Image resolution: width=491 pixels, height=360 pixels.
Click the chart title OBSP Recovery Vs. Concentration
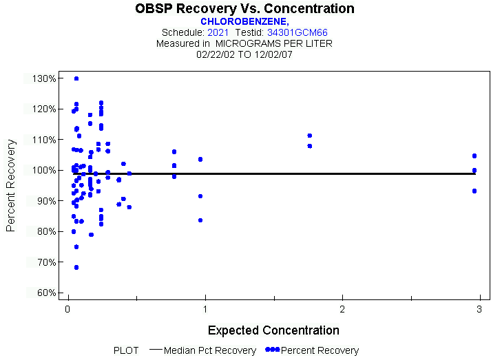[x=244, y=9]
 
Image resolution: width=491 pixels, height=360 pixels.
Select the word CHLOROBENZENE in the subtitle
[x=243, y=21]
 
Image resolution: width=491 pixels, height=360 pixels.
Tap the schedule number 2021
[x=218, y=32]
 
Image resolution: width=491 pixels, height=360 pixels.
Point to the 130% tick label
[x=44, y=78]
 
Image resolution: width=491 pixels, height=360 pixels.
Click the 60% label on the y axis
[x=44, y=293]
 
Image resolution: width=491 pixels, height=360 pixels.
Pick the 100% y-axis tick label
[x=44, y=170]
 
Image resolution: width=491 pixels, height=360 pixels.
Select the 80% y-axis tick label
[x=44, y=231]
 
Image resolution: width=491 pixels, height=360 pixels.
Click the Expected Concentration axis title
[x=273, y=330]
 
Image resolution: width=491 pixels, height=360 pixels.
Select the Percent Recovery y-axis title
[x=12, y=185]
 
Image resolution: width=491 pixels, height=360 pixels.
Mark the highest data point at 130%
[x=76, y=78]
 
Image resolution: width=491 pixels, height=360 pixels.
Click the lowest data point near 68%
[x=76, y=267]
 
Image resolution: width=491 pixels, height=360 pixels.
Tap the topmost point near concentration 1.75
[x=310, y=136]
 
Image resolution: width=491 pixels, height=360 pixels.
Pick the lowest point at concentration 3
[x=474, y=191]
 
